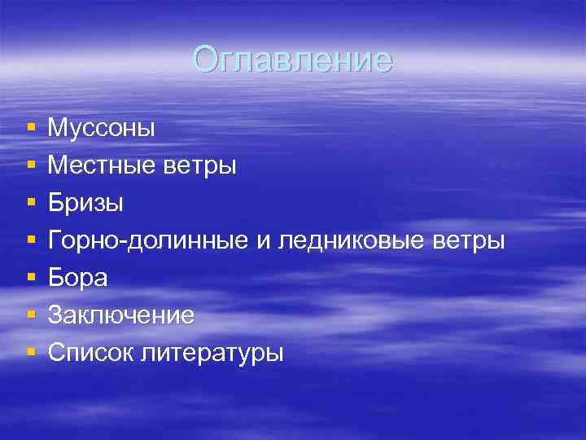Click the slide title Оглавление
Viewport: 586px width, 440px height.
coord(293,59)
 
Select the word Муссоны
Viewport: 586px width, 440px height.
coord(102,128)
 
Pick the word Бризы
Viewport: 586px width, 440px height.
coord(85,203)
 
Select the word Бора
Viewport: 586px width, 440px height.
coord(77,278)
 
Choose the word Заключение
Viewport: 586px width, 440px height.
coord(121,315)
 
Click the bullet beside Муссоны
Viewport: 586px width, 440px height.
coord(30,129)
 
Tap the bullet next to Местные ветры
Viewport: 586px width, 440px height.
coord(30,166)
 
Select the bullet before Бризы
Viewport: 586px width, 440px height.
coord(30,204)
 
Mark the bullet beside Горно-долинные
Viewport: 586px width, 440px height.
coord(30,241)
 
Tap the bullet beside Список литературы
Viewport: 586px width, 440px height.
coord(30,354)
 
